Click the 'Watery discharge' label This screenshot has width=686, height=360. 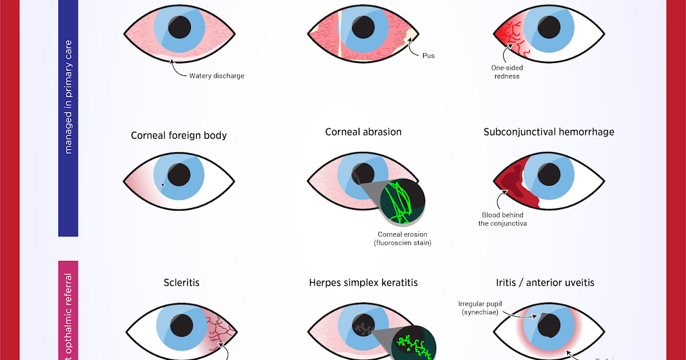coord(217,76)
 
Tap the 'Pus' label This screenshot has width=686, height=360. coord(428,56)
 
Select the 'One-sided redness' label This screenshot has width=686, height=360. coord(507,72)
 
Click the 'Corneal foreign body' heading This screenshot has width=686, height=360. coord(179,135)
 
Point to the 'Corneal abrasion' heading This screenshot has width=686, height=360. coord(363,132)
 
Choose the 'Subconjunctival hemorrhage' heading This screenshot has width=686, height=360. coord(549,132)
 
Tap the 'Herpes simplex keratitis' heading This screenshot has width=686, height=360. coord(363,283)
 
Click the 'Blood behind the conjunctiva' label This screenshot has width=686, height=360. coord(502,219)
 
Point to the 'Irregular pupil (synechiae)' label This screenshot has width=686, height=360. coord(480,308)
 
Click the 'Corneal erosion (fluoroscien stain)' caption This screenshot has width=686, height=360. coord(402,239)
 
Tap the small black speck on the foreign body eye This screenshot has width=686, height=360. coord(163,185)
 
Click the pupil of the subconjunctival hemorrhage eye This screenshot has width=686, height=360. coord(548,175)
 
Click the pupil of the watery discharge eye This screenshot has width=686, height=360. coord(181,25)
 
